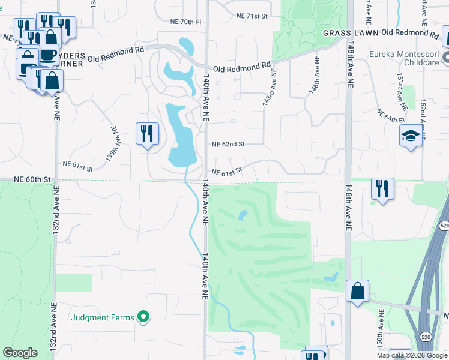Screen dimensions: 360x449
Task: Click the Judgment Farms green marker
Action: click(x=143, y=316)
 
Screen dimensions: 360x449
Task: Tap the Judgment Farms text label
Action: click(x=103, y=317)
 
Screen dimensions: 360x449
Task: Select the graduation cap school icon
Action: click(x=411, y=136)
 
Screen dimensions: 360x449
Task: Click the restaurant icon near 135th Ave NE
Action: click(x=147, y=134)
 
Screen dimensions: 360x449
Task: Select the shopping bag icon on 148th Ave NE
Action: click(x=357, y=292)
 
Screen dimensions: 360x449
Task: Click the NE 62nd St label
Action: click(x=229, y=145)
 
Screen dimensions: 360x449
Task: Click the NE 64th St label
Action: click(x=391, y=116)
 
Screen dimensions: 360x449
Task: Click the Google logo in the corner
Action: click(x=20, y=353)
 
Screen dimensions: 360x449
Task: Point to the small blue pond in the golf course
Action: click(x=243, y=215)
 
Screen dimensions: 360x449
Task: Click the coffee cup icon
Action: click(x=49, y=55)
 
